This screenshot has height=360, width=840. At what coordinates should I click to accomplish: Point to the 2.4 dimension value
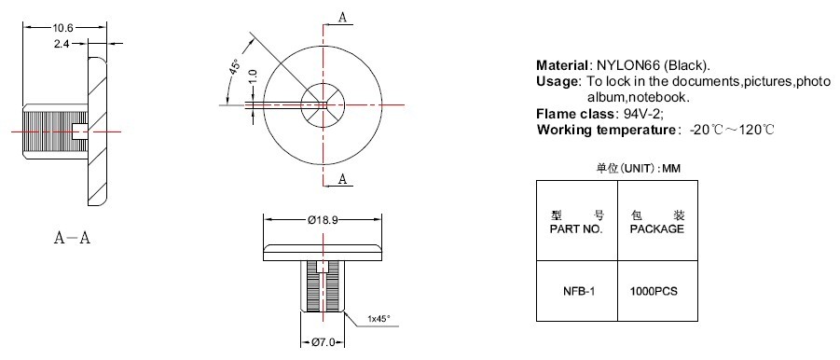coord(62,45)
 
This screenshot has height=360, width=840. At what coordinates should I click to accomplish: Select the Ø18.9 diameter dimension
coord(323,220)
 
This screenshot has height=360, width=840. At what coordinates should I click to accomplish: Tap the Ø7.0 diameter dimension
coord(323,342)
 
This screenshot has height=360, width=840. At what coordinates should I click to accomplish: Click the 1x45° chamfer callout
coord(379,319)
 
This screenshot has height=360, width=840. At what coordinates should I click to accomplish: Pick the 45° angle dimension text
coord(235,68)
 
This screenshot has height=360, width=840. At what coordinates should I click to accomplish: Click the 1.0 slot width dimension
coord(253,76)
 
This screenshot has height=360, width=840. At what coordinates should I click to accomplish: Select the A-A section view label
coord(72,238)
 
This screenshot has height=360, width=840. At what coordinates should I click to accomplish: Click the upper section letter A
coord(343,17)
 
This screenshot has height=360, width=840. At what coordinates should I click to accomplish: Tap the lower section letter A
coord(343,179)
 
